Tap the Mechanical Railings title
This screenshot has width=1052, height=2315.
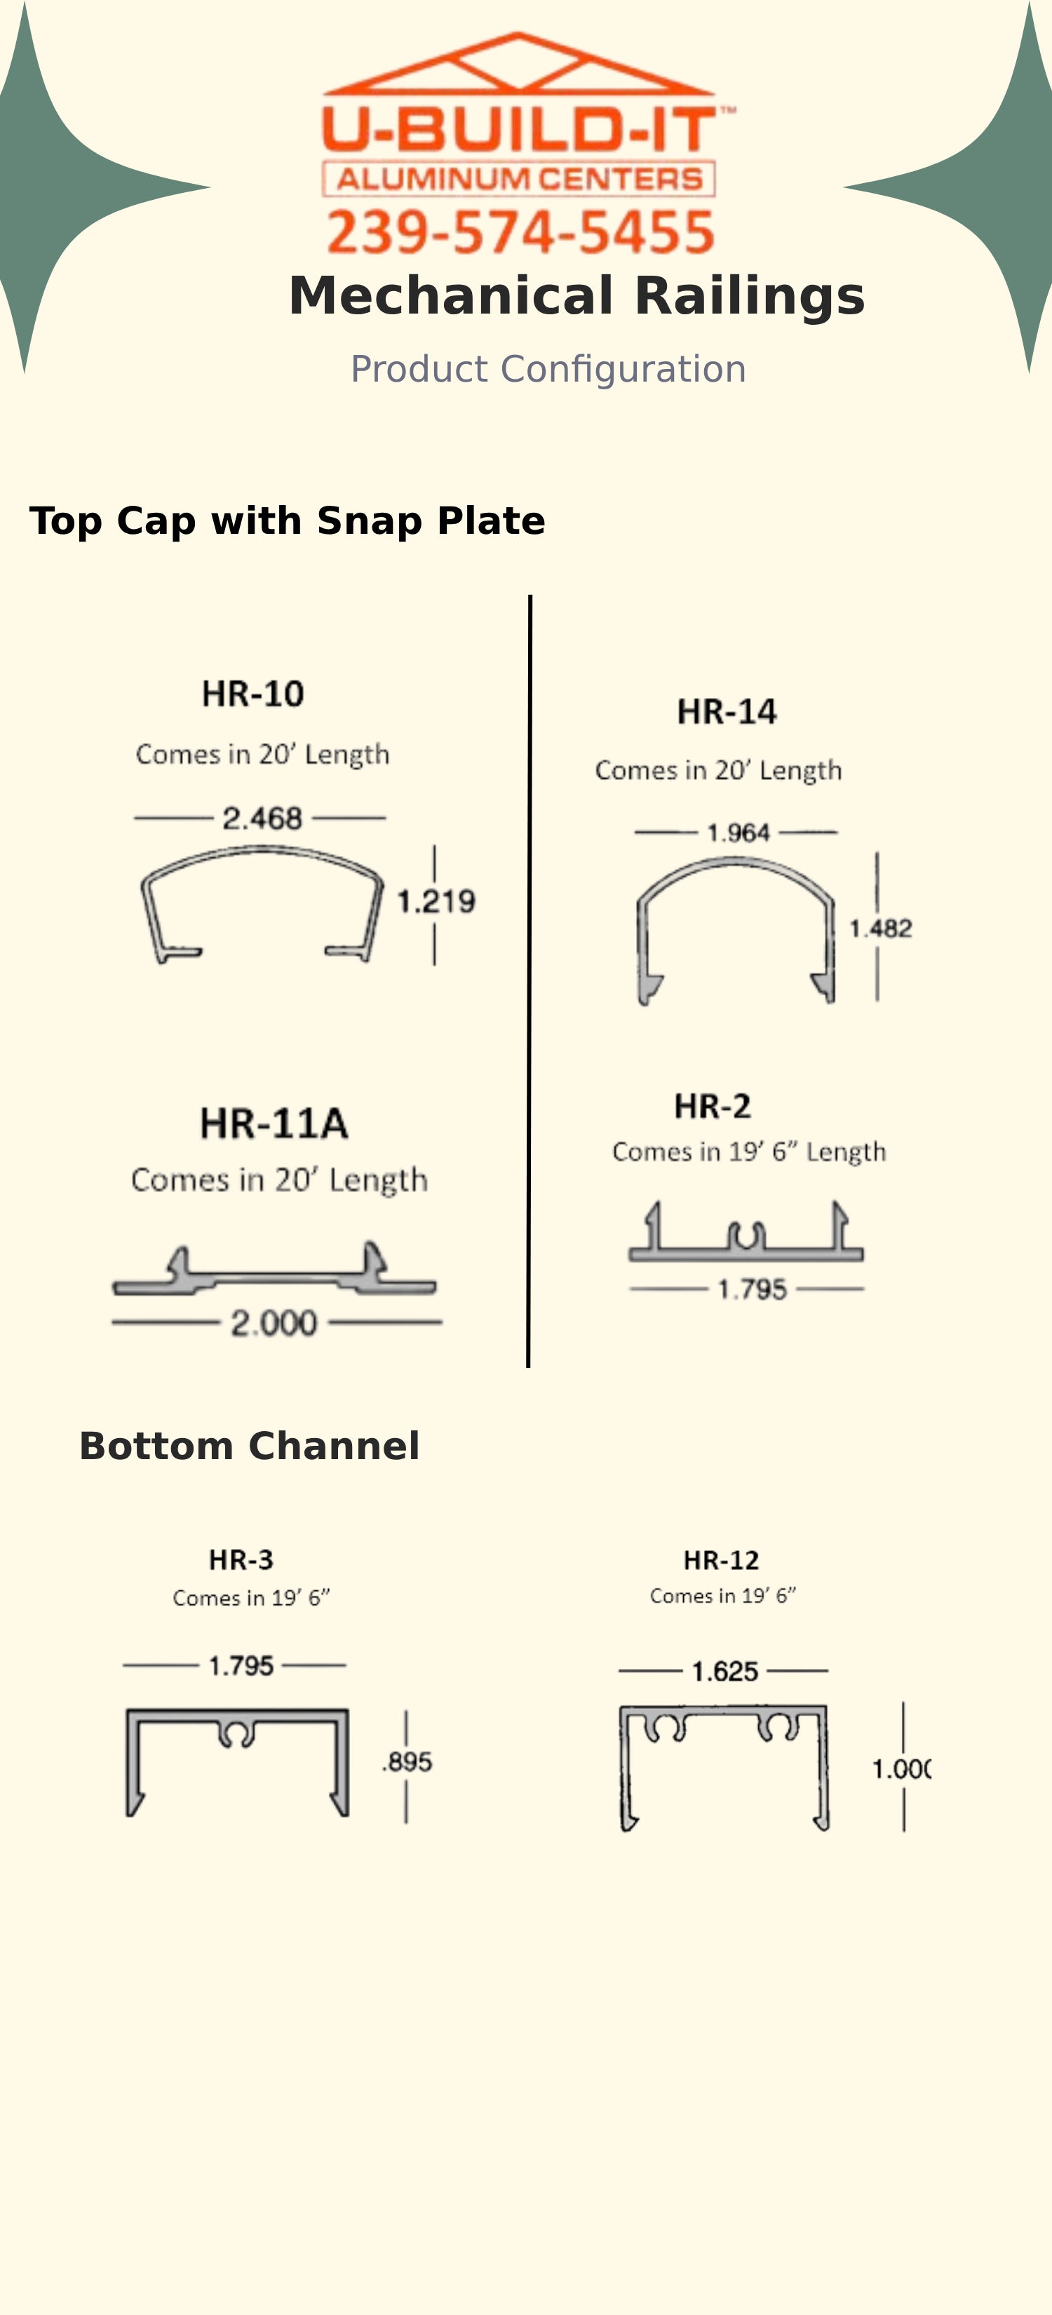(x=576, y=295)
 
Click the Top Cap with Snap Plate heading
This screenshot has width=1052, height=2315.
(x=288, y=521)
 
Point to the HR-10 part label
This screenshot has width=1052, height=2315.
(x=253, y=694)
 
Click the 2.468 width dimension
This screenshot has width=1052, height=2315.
(x=262, y=818)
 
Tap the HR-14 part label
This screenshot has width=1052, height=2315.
(x=727, y=712)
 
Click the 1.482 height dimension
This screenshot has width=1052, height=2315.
(x=880, y=928)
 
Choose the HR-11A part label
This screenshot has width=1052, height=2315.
(x=274, y=1123)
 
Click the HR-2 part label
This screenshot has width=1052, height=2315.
(x=713, y=1106)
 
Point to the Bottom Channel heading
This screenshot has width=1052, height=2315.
(x=250, y=1446)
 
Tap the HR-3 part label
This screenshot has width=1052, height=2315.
(x=241, y=1559)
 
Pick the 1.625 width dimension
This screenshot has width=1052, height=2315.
(x=725, y=1672)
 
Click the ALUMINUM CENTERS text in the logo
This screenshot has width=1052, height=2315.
(x=519, y=179)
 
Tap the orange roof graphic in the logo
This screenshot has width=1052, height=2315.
(x=518, y=63)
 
